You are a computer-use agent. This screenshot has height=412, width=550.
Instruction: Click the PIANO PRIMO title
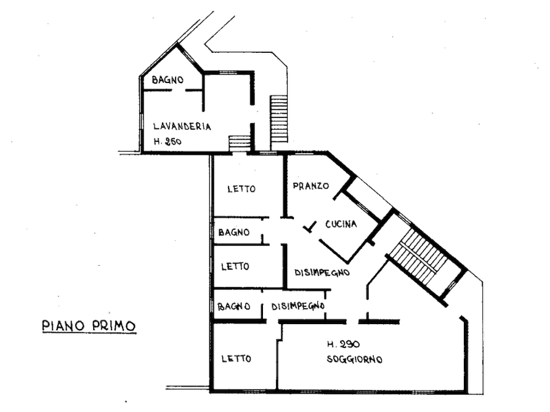[x=89, y=325]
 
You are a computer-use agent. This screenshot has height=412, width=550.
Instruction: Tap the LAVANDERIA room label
[x=182, y=126]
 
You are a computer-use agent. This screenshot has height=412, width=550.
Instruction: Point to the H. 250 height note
[x=168, y=141]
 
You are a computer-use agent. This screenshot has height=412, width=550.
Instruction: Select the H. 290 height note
[x=344, y=344]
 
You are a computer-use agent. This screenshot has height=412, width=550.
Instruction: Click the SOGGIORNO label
[x=354, y=359]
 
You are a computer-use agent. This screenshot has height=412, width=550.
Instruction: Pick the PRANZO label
[x=311, y=186]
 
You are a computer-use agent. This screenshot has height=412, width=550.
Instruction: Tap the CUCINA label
[x=341, y=224]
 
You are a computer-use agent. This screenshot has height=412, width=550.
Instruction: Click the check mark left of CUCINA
[x=310, y=227]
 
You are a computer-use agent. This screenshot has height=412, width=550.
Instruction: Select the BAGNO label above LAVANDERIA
[x=168, y=80]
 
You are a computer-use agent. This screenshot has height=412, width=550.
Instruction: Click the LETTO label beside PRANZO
[x=241, y=189]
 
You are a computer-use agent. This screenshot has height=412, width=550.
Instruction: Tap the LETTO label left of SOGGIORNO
[x=236, y=359]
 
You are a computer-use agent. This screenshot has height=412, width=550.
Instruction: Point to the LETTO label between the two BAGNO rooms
[x=235, y=266]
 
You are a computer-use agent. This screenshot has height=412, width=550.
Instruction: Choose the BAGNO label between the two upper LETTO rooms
[x=233, y=232]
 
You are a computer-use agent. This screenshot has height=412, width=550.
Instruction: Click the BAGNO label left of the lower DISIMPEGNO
[x=233, y=307]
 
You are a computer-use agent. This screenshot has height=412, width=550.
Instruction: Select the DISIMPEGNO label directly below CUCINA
[x=322, y=272]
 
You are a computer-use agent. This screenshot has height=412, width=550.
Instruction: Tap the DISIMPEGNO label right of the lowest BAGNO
[x=298, y=306]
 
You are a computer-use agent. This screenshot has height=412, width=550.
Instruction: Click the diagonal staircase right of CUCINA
[x=419, y=257]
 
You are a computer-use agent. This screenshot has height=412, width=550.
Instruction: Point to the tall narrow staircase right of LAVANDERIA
[x=279, y=119]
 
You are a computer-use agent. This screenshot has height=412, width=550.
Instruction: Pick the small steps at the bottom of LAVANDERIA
[x=240, y=143]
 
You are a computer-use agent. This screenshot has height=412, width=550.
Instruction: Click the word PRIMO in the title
[x=114, y=325]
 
